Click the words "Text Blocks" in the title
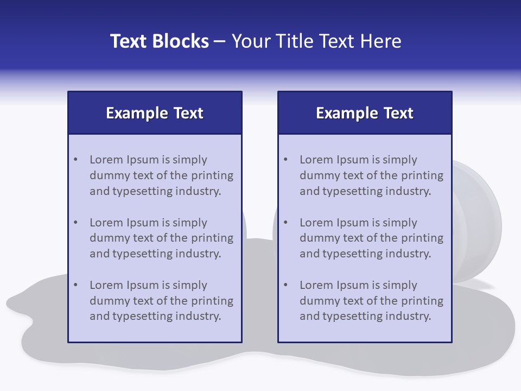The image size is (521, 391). click(159, 41)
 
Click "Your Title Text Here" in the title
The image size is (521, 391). click(316, 41)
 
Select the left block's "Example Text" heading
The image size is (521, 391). click(155, 113)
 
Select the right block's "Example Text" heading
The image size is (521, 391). click(365, 113)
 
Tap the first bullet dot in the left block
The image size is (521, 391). click(76, 160)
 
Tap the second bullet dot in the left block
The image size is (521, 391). click(76, 223)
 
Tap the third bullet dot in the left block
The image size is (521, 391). click(76, 285)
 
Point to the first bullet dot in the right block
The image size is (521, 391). click(286, 160)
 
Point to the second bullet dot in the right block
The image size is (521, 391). click(286, 223)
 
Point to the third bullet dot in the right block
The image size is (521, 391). click(286, 285)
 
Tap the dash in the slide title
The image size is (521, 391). click(220, 42)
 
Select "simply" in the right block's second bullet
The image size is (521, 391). click(400, 223)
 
